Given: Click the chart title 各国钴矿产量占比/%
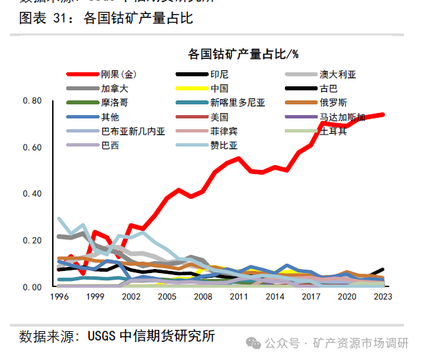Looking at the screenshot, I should point(243,54).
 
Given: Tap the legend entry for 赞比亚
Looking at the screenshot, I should point(224,145).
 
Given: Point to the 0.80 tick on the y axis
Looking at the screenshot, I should point(31,101).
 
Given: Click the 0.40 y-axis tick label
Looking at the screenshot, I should point(31,194).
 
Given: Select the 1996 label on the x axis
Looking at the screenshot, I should point(60,296).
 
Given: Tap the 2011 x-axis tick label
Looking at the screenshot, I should point(239,296).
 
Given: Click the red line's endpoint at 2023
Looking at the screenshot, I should point(383,114).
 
